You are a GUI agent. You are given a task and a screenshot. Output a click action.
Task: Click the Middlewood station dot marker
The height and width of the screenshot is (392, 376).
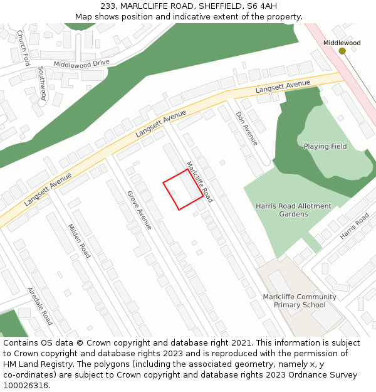[x=342, y=51]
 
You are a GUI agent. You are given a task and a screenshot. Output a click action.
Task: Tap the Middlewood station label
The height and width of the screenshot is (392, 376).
[x=342, y=43]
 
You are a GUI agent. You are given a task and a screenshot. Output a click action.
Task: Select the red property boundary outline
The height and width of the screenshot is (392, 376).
[x=183, y=189]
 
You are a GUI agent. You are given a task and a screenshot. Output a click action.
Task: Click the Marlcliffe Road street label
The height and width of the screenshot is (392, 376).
[x=200, y=182]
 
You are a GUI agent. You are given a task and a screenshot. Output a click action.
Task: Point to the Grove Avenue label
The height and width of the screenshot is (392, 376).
[x=139, y=210]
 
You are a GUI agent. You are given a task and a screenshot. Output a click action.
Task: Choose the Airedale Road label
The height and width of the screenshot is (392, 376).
[x=39, y=306]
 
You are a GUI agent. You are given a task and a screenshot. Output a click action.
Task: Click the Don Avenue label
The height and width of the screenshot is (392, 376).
[x=246, y=129]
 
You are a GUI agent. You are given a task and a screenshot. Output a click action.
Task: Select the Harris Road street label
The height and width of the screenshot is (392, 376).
[x=355, y=226]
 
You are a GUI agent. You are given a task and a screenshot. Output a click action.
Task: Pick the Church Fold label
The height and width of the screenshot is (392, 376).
[x=23, y=48]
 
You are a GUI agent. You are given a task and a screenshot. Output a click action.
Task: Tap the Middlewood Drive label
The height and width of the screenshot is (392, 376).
[x=81, y=64]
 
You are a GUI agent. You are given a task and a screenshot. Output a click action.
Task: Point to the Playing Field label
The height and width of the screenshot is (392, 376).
[x=325, y=146]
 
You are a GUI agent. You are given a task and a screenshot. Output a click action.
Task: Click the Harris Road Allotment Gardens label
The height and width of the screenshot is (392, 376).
[x=293, y=210]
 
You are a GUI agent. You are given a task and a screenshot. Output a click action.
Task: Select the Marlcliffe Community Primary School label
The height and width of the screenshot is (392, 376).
[x=300, y=301]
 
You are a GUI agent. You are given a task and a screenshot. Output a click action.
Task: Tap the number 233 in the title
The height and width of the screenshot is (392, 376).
[x=108, y=6]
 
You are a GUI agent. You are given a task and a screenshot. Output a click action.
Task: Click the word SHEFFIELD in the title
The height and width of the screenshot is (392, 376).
[x=219, y=6]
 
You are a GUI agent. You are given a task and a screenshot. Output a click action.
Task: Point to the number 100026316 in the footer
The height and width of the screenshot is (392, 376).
[x=26, y=385]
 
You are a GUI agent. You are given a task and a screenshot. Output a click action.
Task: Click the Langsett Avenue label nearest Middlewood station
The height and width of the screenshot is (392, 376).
[x=283, y=87]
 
